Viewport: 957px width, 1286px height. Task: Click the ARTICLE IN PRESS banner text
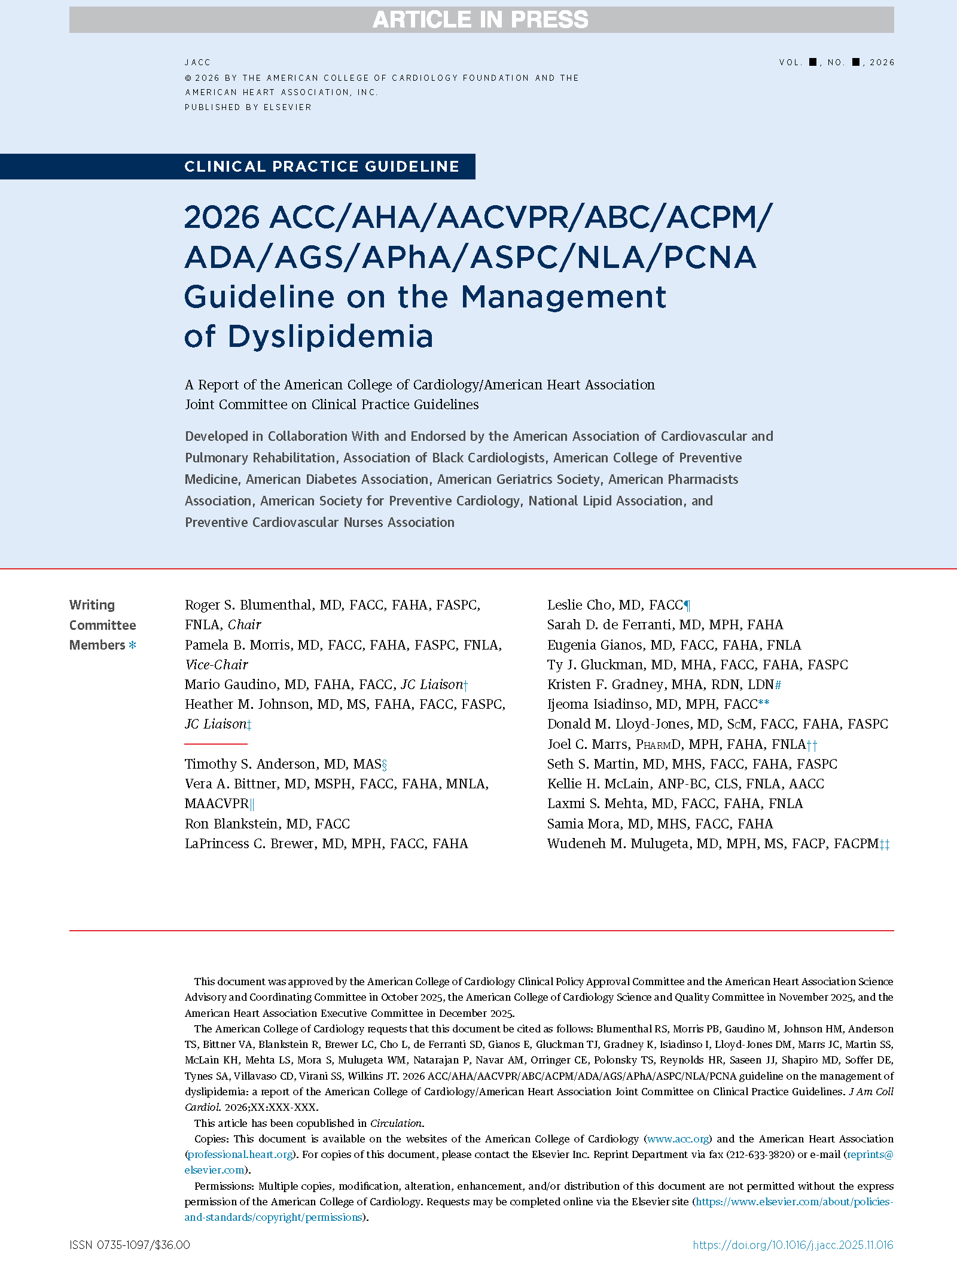coord(480,20)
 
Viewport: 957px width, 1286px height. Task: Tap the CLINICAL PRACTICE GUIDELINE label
coord(322,166)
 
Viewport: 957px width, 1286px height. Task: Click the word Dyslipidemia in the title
coord(330,336)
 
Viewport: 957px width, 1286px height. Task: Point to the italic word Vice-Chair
coord(217,665)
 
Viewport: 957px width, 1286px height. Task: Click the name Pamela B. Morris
coord(237,645)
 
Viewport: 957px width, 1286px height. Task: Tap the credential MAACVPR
coord(217,803)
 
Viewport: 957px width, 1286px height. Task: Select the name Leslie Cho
coord(579,605)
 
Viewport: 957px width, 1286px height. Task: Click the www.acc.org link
coord(678,1139)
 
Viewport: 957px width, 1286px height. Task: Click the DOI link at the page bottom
coord(793,1245)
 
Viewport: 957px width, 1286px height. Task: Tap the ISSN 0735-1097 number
coord(129,1245)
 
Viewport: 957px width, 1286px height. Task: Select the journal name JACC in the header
coord(197,62)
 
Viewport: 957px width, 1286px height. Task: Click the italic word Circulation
coord(396,1123)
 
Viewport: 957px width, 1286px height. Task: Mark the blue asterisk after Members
coord(132,645)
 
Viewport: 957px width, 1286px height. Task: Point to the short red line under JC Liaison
coord(216,743)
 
